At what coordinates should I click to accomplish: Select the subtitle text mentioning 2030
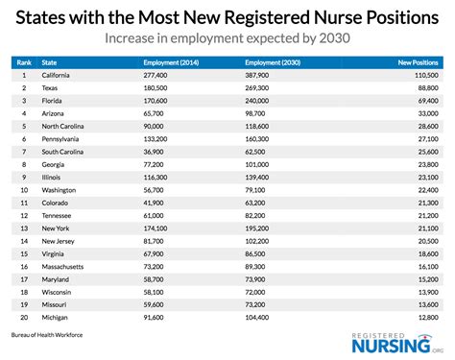tap(227, 40)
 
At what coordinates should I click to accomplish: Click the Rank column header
tap(22, 60)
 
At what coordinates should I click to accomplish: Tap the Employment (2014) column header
tap(170, 60)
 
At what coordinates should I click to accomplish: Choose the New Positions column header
tap(419, 60)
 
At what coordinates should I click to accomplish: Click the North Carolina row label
tap(68, 125)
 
